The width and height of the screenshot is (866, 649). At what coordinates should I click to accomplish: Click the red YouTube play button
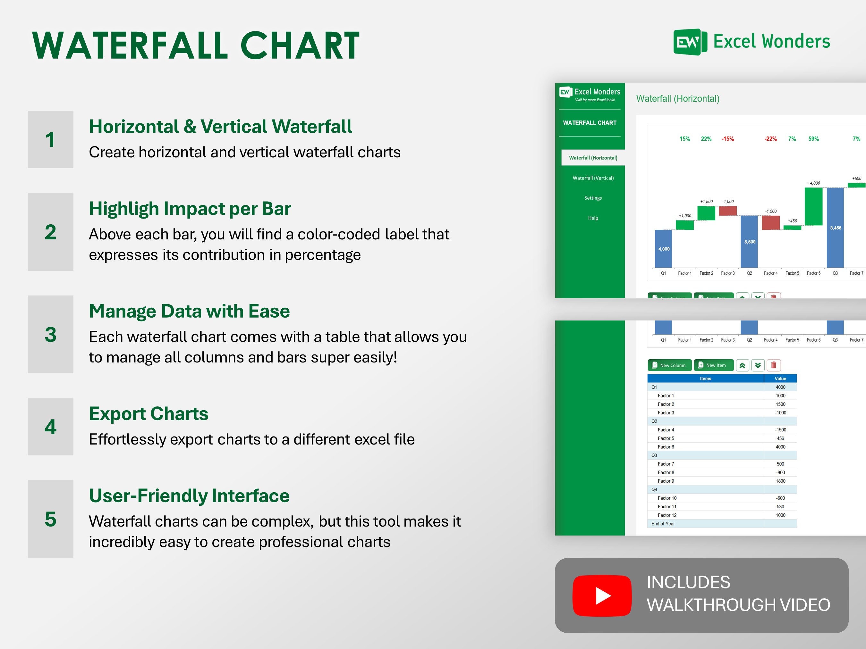[x=602, y=595]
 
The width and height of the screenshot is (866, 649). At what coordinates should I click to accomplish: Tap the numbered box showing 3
[x=50, y=335]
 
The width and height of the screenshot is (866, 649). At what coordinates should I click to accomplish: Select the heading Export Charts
[x=149, y=413]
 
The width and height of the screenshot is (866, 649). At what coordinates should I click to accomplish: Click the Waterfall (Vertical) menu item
[x=593, y=178]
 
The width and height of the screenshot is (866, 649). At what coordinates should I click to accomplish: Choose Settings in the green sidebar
[x=593, y=198]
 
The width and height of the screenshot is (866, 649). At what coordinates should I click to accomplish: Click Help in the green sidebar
[x=593, y=218]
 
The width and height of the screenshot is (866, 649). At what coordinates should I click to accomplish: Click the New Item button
[x=713, y=365]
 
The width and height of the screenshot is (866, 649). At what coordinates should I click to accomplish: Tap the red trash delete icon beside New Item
[x=773, y=365]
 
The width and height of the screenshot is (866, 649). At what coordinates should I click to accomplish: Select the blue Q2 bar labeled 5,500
[x=749, y=241]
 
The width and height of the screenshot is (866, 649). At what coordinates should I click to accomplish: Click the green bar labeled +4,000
[x=813, y=206]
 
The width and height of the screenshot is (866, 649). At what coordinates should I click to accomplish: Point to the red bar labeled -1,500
[x=770, y=223]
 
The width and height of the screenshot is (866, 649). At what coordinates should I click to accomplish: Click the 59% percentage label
[x=813, y=139]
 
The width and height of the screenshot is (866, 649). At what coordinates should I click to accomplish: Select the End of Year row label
[x=663, y=523]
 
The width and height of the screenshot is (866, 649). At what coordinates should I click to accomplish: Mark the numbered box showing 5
[x=50, y=519]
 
